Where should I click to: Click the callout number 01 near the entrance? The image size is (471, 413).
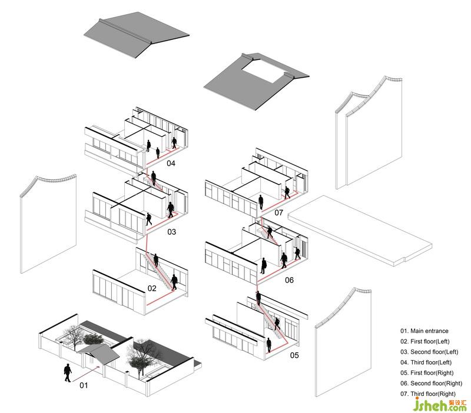tap(83, 386)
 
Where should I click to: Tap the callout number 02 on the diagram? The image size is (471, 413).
tap(152, 288)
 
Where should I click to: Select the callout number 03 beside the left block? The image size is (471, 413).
tap(171, 232)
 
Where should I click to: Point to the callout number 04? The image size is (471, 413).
tap(171, 163)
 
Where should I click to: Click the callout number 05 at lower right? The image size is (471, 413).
tap(294, 355)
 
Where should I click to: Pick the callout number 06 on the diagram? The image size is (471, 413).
tap(289, 281)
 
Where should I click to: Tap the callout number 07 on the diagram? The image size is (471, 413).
tap(278, 212)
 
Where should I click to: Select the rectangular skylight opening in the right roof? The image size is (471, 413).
tap(263, 74)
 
